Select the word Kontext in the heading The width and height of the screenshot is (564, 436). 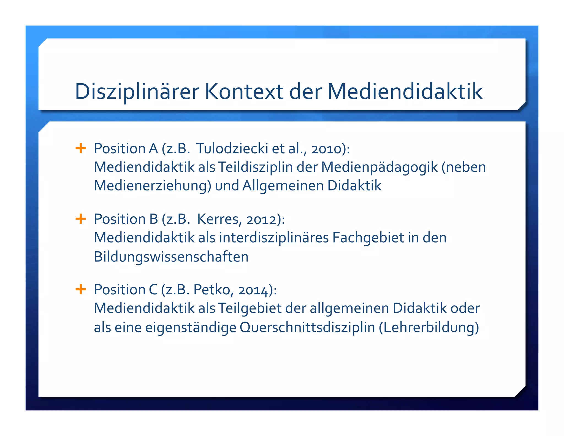pyautogui.click(x=244, y=91)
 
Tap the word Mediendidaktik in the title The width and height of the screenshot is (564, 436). pyautogui.click(x=405, y=91)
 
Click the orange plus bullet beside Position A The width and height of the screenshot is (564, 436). pyautogui.click(x=81, y=148)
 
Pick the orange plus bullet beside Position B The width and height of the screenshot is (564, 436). pyautogui.click(x=81, y=219)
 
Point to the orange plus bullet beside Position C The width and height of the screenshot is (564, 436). pyautogui.click(x=81, y=289)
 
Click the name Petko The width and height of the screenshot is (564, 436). pyautogui.click(x=211, y=290)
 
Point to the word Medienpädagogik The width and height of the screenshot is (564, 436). pyautogui.click(x=379, y=167)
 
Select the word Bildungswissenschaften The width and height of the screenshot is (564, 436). pyautogui.click(x=171, y=257)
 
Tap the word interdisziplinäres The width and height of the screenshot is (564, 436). pyautogui.click(x=274, y=238)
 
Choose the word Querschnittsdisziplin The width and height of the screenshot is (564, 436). pyautogui.click(x=307, y=327)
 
